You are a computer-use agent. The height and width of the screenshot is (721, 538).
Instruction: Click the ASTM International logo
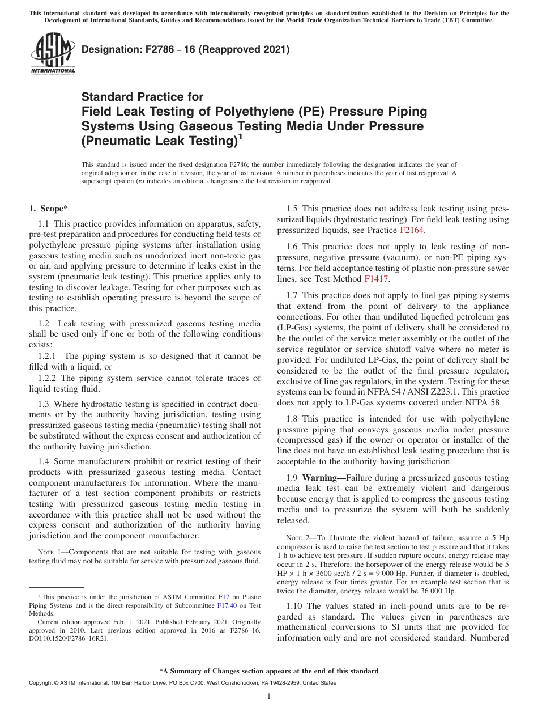[53, 53]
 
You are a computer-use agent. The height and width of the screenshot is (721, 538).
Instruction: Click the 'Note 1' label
[49, 552]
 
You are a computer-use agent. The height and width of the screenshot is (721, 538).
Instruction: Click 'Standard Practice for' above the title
[142, 97]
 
